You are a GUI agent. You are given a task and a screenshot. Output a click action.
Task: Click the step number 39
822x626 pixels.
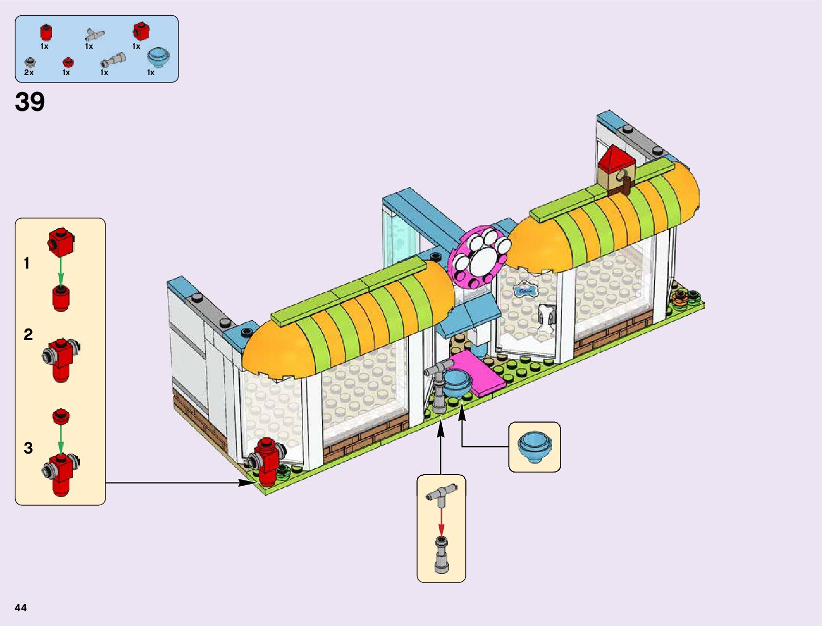tap(30, 102)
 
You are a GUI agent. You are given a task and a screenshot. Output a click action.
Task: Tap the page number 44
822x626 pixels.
tap(20, 608)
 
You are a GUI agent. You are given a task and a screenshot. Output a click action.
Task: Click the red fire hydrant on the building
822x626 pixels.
tap(268, 461)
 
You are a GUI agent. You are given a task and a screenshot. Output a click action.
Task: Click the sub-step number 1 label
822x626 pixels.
tap(27, 263)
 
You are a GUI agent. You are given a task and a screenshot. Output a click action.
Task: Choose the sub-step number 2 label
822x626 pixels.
tap(28, 335)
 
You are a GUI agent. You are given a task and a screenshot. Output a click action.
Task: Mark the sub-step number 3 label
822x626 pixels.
tap(28, 448)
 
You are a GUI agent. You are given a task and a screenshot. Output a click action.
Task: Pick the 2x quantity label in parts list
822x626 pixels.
tap(29, 73)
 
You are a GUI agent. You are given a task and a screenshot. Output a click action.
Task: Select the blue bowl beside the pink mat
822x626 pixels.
tap(457, 383)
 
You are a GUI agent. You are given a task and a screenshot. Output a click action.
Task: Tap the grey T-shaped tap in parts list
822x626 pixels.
tap(94, 35)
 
